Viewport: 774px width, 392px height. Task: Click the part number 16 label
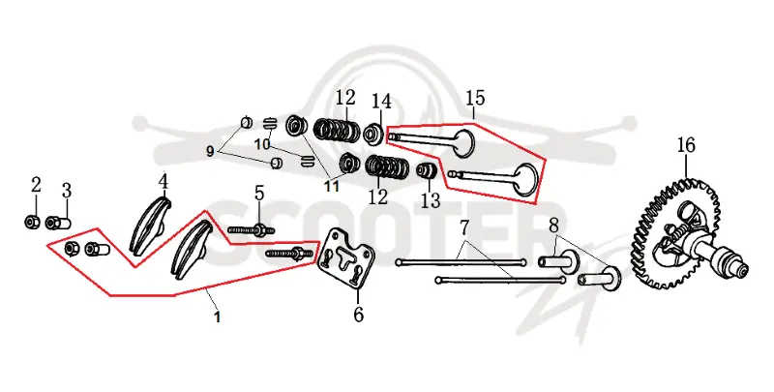[x=686, y=145]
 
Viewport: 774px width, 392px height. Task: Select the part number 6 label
[x=358, y=314]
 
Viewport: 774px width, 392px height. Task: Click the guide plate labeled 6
[x=345, y=256]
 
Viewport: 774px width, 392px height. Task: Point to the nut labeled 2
[x=32, y=223]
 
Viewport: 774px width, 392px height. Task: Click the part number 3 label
[x=66, y=191]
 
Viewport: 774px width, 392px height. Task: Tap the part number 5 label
[x=259, y=194]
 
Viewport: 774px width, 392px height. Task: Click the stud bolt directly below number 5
[x=252, y=230]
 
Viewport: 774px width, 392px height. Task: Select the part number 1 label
[x=217, y=317]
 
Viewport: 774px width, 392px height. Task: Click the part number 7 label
[x=463, y=228]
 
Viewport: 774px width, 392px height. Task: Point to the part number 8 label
[x=553, y=226]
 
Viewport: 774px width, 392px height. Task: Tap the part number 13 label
[x=430, y=200]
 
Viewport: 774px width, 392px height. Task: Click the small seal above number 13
[x=428, y=171]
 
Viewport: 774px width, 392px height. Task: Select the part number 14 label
[x=381, y=102]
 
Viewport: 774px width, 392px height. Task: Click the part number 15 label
[x=475, y=98]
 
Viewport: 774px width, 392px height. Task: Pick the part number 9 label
[x=210, y=152]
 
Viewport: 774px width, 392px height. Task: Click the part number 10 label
[x=262, y=144]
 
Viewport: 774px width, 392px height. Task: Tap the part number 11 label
[x=331, y=186]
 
